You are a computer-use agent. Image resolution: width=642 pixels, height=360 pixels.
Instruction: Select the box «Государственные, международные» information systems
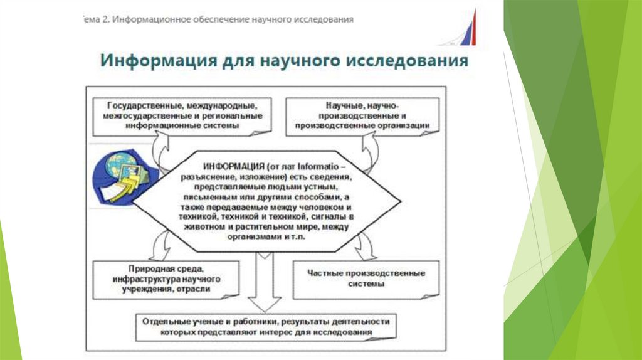tap(182, 116)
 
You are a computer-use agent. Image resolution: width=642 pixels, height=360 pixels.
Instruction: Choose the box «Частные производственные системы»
tap(367, 278)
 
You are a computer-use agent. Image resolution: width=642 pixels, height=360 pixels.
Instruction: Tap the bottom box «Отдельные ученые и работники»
tap(266, 326)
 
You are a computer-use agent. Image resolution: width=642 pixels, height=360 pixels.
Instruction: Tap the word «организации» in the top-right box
tap(405, 125)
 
